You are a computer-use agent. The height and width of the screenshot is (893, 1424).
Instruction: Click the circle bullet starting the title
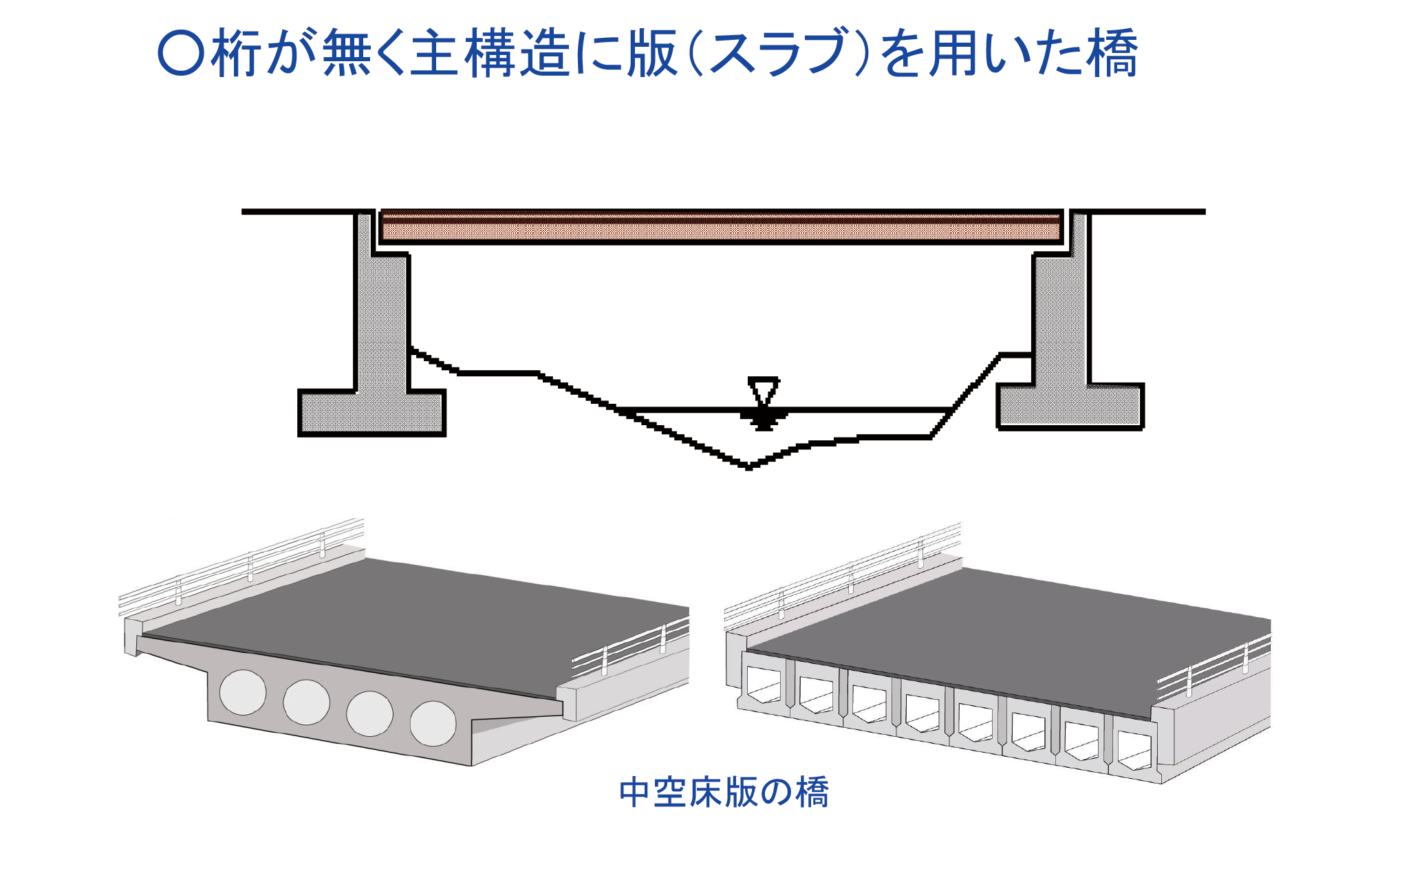coord(181,54)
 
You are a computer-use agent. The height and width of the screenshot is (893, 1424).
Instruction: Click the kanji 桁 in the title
coord(236,54)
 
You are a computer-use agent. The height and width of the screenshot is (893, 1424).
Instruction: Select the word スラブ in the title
coord(778,54)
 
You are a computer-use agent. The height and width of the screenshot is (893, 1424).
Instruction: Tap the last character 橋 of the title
coord(1113,54)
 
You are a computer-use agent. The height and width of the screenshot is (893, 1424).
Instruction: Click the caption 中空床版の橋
coord(724,792)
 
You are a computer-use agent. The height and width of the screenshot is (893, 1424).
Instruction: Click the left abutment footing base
coord(371,412)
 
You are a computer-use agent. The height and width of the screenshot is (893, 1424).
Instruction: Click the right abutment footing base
coord(1070,406)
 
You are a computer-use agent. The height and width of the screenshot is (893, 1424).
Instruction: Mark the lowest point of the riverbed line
coord(749,467)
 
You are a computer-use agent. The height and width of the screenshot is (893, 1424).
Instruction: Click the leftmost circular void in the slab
coord(243,692)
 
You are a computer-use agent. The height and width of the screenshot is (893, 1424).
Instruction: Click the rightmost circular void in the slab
coord(433,723)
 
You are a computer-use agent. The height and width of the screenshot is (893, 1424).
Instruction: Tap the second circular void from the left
coord(306,702)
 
